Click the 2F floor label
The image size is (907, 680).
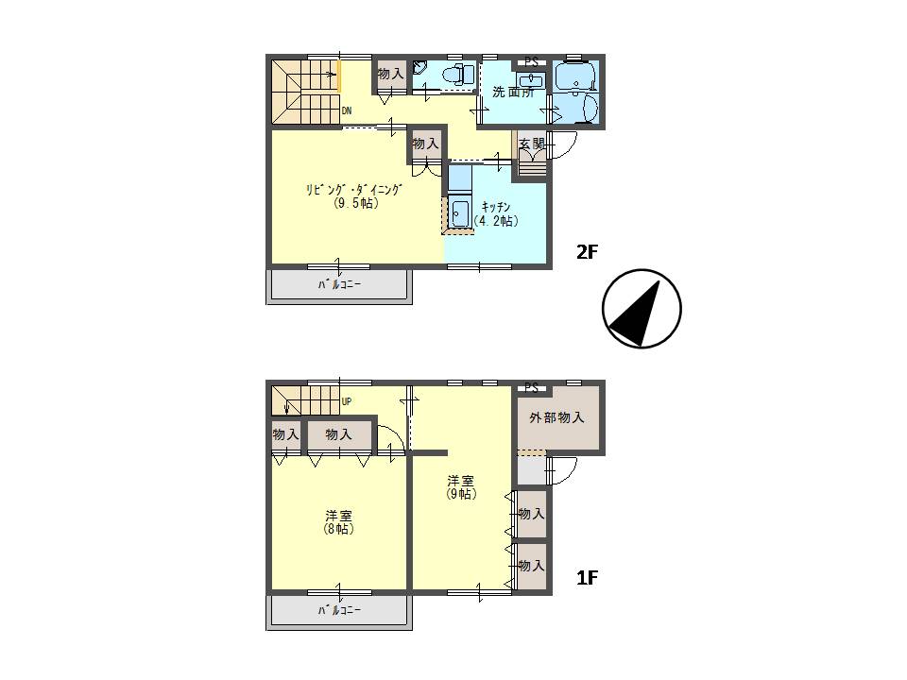586,252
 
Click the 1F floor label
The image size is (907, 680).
587,578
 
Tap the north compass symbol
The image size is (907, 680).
642,308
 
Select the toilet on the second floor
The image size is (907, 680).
458,74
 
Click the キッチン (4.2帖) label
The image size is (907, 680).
496,214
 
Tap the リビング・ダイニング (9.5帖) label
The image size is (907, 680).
354,196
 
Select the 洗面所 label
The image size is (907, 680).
513,92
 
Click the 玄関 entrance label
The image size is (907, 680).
532,144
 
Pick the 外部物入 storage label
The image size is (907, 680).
556,417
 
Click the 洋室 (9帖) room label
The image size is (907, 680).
461,487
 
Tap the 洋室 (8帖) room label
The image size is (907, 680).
338,522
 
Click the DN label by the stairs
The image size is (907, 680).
347,111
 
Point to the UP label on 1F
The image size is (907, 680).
347,401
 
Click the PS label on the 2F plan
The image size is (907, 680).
532,62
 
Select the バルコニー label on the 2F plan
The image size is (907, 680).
339,284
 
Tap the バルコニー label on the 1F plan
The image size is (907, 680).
339,610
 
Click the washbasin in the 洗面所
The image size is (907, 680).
531,80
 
